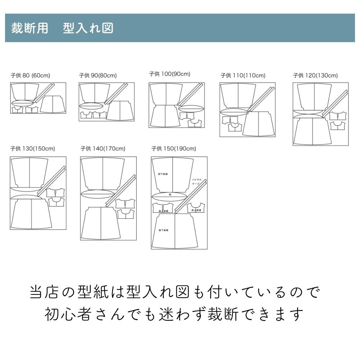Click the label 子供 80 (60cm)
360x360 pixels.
tap(30, 76)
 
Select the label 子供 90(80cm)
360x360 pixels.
tap(98, 76)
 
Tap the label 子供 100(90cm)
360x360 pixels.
tap(170, 74)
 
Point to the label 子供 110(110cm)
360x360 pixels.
tap(243, 76)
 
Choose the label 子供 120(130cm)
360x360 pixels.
tap(315, 76)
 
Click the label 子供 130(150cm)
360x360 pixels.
tap(33, 148)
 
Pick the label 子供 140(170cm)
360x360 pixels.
tap(103, 148)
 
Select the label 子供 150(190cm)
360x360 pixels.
tap(174, 148)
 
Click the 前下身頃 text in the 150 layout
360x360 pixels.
tap(163, 174)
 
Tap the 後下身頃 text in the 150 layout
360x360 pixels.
tap(163, 230)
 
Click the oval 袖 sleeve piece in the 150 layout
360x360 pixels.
tap(170, 196)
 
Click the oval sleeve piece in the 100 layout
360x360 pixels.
tap(191, 108)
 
